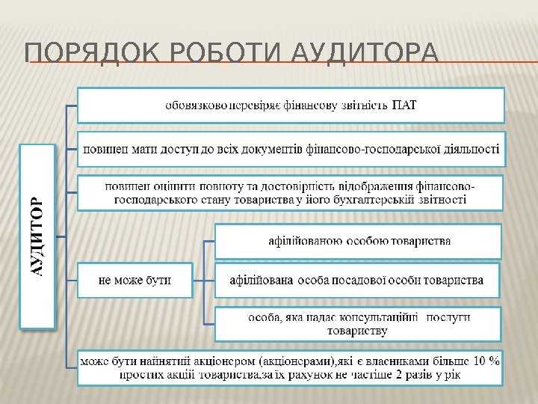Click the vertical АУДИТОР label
click(37, 236)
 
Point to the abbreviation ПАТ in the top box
click(405, 104)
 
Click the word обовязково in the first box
click(197, 104)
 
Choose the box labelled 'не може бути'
click(135, 281)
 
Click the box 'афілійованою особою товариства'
click(359, 241)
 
